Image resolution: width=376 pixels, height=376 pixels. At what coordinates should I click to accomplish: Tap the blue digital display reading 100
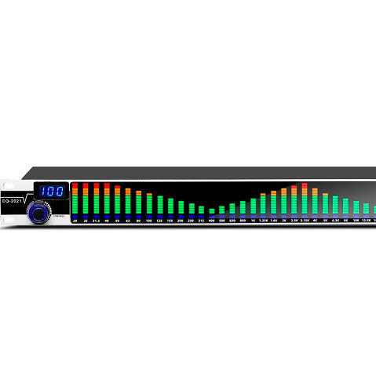pos(52,192)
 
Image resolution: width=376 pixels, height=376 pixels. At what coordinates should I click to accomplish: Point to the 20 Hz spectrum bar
pos(75,201)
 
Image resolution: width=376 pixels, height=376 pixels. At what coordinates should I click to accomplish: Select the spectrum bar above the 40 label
pos(107,201)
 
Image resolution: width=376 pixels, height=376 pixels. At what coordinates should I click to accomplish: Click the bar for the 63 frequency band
pos(128,203)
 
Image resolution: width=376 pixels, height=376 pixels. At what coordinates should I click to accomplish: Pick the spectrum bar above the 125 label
pos(159,206)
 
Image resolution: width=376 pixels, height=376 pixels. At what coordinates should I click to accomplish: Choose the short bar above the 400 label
pos(212,212)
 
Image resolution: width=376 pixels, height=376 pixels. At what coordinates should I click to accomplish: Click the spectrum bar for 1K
pos(254,206)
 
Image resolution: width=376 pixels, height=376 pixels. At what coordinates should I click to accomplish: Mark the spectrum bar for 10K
pos(356,209)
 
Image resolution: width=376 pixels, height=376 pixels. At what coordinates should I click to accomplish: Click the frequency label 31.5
pos(96,222)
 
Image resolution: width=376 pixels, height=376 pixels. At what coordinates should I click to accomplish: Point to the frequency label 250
pos(191,222)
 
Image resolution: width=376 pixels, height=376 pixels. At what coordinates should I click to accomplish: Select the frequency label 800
pos(243,222)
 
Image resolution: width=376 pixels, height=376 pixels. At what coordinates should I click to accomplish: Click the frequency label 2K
pos(284,222)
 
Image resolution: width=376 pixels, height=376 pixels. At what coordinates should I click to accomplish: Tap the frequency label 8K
pos(345,222)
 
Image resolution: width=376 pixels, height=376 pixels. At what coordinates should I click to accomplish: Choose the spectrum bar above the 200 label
pos(181,208)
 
